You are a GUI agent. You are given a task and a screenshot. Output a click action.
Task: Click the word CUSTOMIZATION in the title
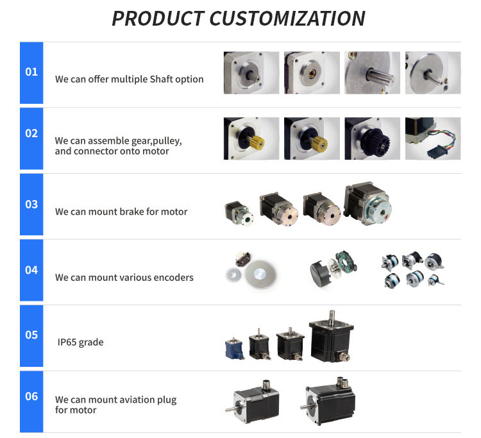[x=287, y=19]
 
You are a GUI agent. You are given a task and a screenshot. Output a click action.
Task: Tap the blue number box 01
[x=31, y=72]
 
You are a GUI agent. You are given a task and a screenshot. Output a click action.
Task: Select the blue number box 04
[x=31, y=270]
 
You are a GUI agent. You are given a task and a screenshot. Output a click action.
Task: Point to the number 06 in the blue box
[x=31, y=396]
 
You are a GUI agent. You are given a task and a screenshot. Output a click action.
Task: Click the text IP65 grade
[x=80, y=342]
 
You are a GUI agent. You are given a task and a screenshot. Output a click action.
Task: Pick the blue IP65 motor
[x=234, y=348]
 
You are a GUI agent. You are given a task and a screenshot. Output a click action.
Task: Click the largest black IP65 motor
[x=332, y=337]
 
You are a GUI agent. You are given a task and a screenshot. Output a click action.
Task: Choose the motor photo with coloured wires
[x=433, y=139]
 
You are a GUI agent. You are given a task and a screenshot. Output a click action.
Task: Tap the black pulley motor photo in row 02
[x=373, y=139]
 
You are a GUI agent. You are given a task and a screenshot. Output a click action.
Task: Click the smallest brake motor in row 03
[x=239, y=213]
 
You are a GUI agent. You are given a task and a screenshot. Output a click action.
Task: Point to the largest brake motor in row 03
[x=367, y=204]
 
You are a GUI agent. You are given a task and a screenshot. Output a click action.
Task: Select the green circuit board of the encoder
[x=346, y=262]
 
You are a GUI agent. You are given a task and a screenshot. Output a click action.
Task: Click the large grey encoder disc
[x=261, y=274]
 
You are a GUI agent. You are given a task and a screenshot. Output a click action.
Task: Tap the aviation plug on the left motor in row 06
[x=266, y=385]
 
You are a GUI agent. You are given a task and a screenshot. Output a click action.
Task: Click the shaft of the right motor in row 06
[x=308, y=407]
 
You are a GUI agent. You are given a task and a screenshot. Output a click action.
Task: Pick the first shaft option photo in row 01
[x=251, y=72]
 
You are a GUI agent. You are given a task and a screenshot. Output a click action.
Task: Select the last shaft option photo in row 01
[x=433, y=72]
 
